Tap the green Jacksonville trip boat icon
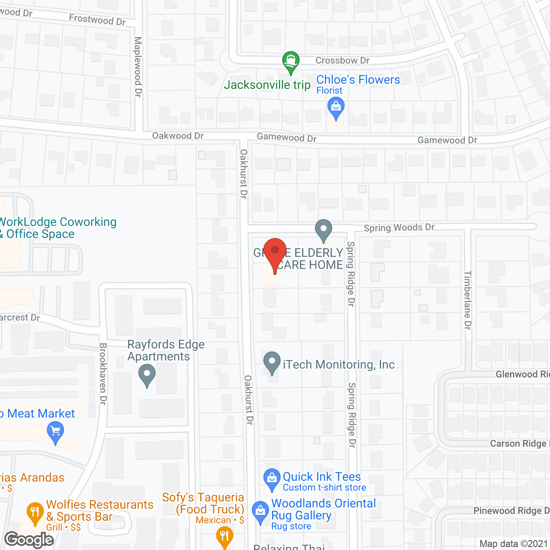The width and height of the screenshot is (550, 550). (x=291, y=61)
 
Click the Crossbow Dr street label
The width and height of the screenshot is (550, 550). (x=342, y=61)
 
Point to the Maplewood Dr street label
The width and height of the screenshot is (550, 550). (x=138, y=67)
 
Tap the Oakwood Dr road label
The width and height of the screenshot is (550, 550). (x=178, y=136)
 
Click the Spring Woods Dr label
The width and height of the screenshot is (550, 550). (x=399, y=228)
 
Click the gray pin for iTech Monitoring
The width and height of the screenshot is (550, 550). (x=272, y=362)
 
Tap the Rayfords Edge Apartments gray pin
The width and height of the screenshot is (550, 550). (x=147, y=375)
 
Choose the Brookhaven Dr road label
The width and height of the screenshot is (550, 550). (x=103, y=373)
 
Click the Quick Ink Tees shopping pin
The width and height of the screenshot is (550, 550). (x=272, y=479)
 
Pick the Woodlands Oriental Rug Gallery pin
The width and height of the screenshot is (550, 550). (x=260, y=512)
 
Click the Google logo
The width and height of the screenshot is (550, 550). (x=29, y=540)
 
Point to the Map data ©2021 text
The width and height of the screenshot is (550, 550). (x=514, y=544)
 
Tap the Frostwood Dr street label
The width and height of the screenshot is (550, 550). (x=97, y=19)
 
